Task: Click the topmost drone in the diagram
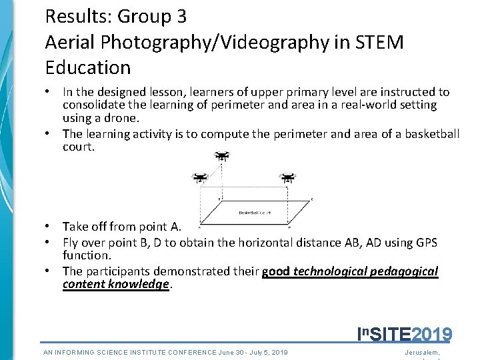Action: pyautogui.click(x=222, y=156)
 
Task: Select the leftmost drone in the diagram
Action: pyautogui.click(x=199, y=178)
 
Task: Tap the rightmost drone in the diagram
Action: pyautogui.click(x=287, y=178)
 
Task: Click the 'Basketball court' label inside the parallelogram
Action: pyautogui.click(x=255, y=213)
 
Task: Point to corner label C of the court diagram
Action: pyautogui.click(x=312, y=199)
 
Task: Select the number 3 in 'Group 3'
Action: pyautogui.click(x=181, y=16)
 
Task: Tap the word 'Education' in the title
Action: pyautogui.click(x=88, y=67)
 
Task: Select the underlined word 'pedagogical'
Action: pyautogui.click(x=406, y=271)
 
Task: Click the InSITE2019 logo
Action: pyautogui.click(x=405, y=334)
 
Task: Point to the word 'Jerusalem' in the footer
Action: pyautogui.click(x=422, y=352)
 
